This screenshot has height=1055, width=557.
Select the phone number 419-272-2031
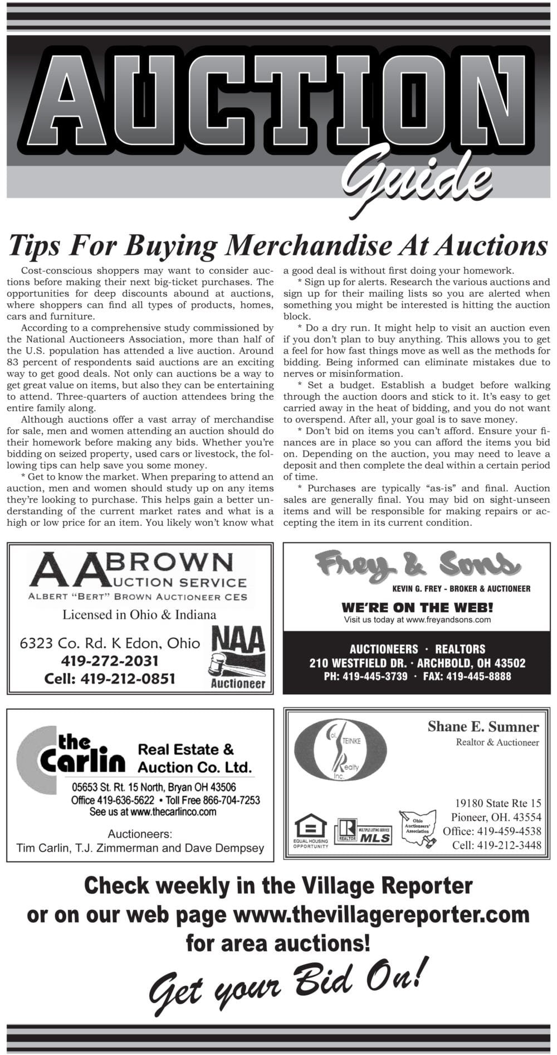[x=110, y=661]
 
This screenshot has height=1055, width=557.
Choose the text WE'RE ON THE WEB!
[x=417, y=607]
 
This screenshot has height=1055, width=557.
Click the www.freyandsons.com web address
[x=449, y=620]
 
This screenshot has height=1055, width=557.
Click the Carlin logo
[x=71, y=758]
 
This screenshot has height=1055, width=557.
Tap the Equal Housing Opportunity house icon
[x=310, y=829]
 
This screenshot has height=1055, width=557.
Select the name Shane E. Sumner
[x=483, y=727]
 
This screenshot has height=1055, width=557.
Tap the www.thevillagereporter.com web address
[x=380, y=914]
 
